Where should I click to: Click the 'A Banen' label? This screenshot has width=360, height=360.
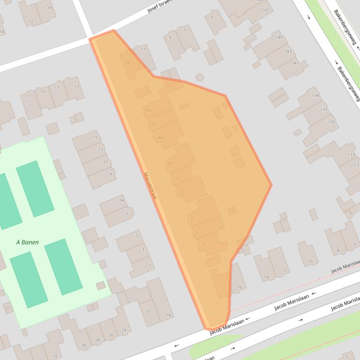coord(27,242)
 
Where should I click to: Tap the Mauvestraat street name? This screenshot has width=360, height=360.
coord(150,187)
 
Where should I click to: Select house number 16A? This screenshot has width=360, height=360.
coord(148,110)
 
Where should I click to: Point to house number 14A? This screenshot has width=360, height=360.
coord(159,137)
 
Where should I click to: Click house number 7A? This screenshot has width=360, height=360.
coord(121,201)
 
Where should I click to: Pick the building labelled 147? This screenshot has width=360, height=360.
coord(266,10)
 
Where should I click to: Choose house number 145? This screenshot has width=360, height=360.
coord(279,37)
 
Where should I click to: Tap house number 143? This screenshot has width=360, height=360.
coord(288,52)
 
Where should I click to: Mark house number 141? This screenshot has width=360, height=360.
coord(294,63)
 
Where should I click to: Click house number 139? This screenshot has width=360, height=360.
coord(315,96)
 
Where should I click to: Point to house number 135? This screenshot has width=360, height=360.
coord(331,122)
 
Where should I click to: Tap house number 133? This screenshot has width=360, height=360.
coord(351,154)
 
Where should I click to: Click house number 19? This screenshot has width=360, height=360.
coord(50,8)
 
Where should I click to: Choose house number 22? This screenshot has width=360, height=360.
coord(149,311)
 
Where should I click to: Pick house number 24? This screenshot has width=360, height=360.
coord(124,330)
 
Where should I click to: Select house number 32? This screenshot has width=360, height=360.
coord(55,356)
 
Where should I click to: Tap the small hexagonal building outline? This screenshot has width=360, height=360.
coord(199,77)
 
